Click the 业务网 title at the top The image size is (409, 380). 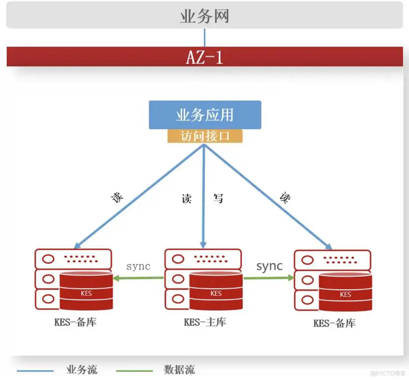click(x=204, y=16)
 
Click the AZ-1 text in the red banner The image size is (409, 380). click(x=204, y=57)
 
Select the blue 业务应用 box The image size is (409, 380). click(x=204, y=115)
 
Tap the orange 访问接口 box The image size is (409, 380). click(x=205, y=136)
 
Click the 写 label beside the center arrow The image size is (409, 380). click(x=218, y=198)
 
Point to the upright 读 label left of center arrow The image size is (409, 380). click(x=187, y=198)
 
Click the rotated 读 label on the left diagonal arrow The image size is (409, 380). click(x=117, y=197)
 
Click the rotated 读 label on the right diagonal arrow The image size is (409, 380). click(x=285, y=197)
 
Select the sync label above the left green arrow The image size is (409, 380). click(x=138, y=266)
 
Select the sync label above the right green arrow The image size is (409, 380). click(x=269, y=266)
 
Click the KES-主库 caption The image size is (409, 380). click(x=205, y=322)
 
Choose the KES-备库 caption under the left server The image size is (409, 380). click(x=75, y=322)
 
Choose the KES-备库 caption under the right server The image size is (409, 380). click(x=334, y=323)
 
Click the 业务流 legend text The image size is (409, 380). click(x=81, y=370)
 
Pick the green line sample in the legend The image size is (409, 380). click(x=134, y=371)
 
